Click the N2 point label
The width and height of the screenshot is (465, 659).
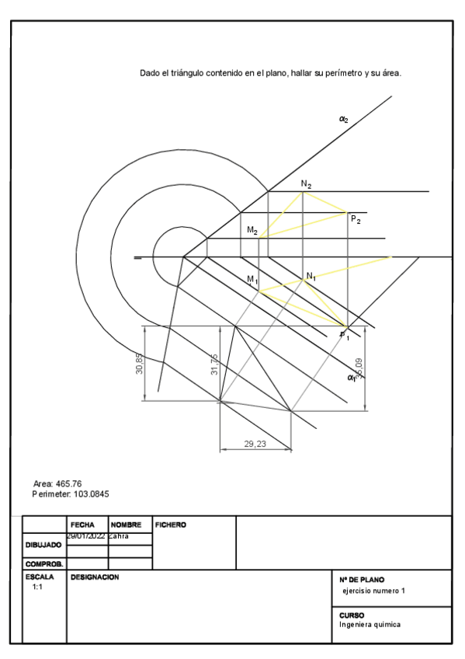307,185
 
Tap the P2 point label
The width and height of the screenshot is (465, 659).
356,220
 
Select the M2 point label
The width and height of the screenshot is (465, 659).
252,231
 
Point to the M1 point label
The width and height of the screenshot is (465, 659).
252,278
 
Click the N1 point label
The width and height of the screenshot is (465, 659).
311,277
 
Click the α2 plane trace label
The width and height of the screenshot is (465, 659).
343,119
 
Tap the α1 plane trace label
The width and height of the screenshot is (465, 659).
352,378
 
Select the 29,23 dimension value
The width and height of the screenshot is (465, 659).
255,443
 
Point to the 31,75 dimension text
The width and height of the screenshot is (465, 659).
214,364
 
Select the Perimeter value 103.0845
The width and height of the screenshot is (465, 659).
92,494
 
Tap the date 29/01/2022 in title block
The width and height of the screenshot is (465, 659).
85,536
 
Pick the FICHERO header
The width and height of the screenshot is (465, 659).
171,525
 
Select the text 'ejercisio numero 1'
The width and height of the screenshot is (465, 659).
373,591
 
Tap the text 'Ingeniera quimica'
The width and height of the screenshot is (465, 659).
370,624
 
